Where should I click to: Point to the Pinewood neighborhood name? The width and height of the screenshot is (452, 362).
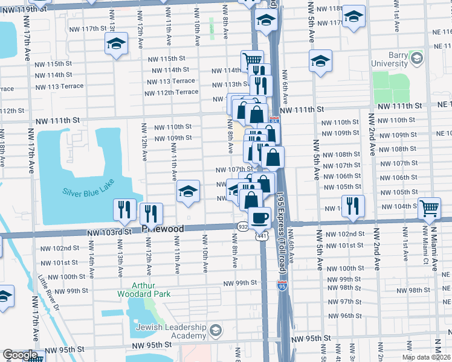[161, 229]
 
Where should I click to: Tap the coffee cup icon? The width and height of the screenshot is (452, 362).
[260, 217]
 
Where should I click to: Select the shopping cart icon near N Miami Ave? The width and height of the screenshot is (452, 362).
[429, 208]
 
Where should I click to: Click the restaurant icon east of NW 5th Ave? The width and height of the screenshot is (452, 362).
[354, 205]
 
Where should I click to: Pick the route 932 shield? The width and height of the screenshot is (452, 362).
[242, 226]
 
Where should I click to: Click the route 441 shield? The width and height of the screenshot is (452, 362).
[260, 238]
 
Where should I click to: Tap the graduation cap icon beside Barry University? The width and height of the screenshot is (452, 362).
[321, 60]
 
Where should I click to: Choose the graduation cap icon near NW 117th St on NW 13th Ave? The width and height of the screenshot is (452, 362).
[115, 43]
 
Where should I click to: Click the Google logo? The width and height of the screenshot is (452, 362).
[19, 355]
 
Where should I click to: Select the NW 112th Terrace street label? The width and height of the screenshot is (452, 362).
[171, 92]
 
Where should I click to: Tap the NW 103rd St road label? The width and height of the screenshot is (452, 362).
[109, 232]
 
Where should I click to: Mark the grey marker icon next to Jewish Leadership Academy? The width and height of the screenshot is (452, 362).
[216, 329]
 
